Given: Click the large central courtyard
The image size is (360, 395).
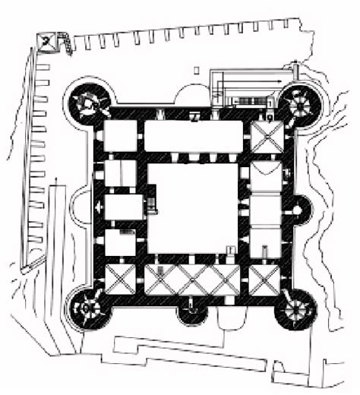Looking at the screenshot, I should (x=193, y=208).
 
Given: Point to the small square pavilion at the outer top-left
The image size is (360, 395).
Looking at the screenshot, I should (x=52, y=43).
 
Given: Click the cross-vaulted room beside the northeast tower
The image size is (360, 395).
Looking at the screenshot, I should (x=267, y=137).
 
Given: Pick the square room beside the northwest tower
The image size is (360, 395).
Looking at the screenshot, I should (x=119, y=137).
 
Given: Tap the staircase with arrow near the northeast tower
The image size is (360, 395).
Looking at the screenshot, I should (x=251, y=80).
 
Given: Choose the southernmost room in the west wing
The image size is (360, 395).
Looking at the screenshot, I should (x=119, y=243).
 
